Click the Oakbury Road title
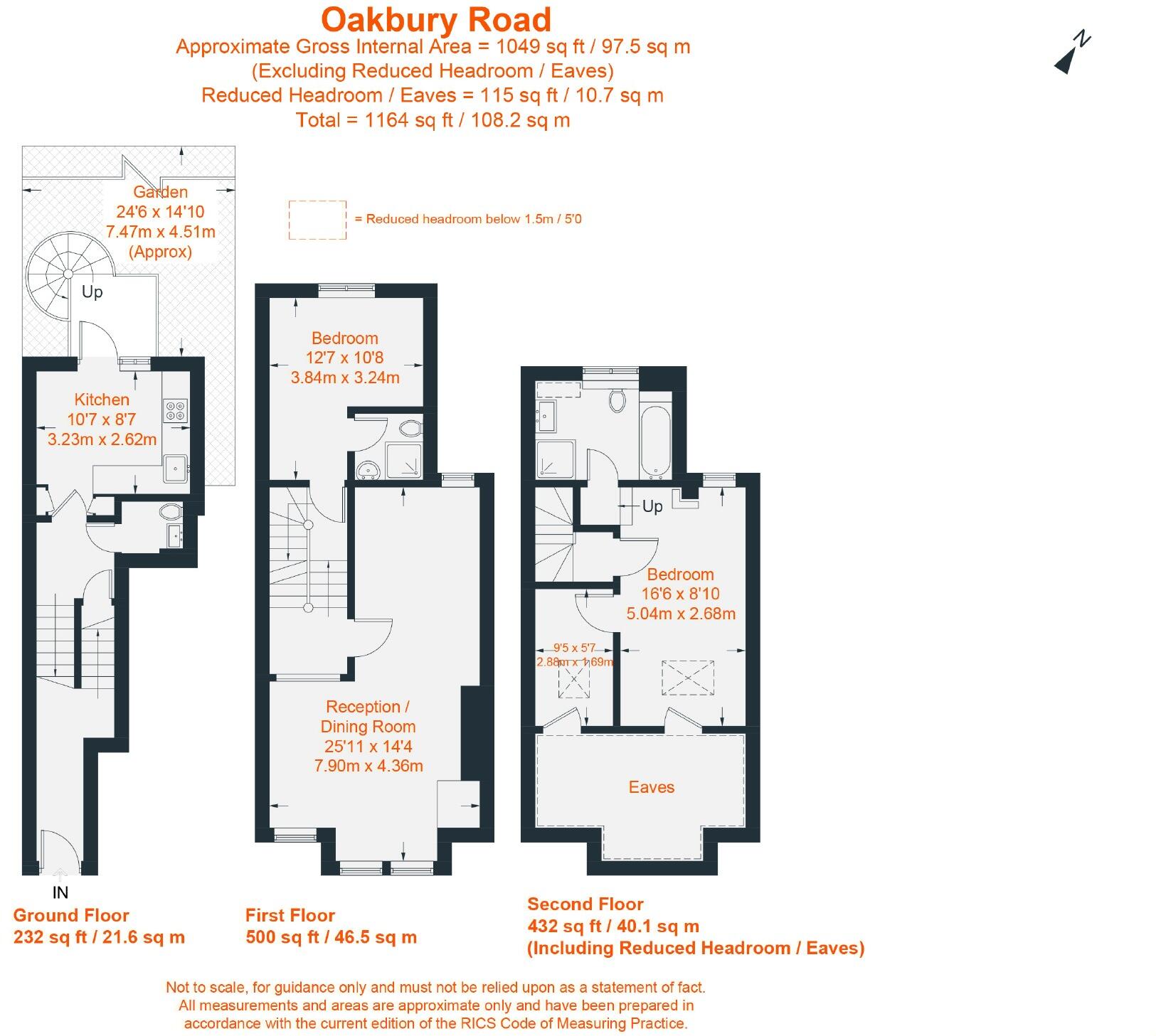pyautogui.click(x=435, y=20)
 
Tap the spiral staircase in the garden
pyautogui.click(x=69, y=274)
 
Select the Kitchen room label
pyautogui.click(x=102, y=400)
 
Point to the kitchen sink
pyautogui.click(x=175, y=468)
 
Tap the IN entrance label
pyautogui.click(x=60, y=892)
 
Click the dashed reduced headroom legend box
pyautogui.click(x=317, y=219)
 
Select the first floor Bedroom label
pyautogui.click(x=345, y=338)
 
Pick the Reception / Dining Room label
pyautogui.click(x=368, y=717)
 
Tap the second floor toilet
pyautogui.click(x=617, y=400)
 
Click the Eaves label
pyautogui.click(x=651, y=787)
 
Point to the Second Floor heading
pyautogui.click(x=585, y=904)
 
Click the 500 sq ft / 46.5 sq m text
pyautogui.click(x=331, y=937)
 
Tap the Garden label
pyautogui.click(x=161, y=192)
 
